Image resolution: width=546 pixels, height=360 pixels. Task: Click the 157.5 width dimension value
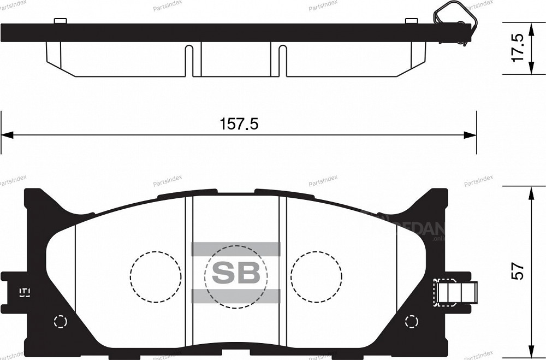(239, 124)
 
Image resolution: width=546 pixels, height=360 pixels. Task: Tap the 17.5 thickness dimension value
(518, 48)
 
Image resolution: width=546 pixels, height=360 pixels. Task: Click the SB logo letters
(236, 273)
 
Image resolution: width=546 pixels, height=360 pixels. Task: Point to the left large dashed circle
(156, 276)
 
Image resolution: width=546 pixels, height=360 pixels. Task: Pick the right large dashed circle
(316, 276)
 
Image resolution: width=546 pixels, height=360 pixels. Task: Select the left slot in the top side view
(188, 60)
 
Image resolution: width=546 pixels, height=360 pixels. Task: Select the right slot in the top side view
(282, 60)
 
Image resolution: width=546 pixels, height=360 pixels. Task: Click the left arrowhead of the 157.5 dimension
(7, 135)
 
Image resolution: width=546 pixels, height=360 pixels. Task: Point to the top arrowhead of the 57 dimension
(530, 192)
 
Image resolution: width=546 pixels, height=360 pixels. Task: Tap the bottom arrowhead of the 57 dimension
(530, 353)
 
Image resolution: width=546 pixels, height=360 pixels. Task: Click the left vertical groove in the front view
(189, 273)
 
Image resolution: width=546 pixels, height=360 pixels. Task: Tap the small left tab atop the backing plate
(61, 21)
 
